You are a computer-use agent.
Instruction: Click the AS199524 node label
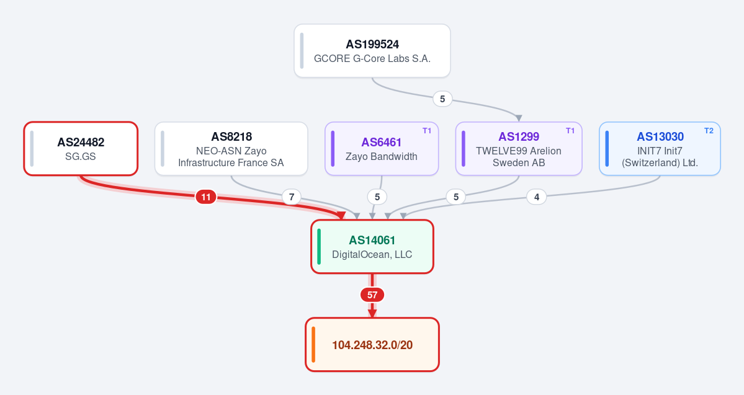pos(372,45)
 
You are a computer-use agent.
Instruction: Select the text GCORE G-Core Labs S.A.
pos(372,59)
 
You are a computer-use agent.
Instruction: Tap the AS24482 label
pos(81,142)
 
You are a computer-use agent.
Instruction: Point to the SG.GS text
pos(81,156)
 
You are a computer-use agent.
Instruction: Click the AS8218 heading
pos(231,136)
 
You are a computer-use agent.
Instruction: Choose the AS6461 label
pos(382,142)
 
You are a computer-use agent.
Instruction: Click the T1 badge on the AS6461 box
pos(427,131)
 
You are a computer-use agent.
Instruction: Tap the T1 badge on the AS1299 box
pos(570,131)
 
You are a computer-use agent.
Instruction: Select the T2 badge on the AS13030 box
pos(709,131)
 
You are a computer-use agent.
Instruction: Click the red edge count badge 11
pos(206,197)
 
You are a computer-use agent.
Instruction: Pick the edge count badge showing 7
pos(292,197)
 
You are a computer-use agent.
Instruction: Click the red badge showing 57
pos(372,295)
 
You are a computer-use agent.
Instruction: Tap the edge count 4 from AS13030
pos(537,197)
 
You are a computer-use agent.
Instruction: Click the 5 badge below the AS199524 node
pos(442,99)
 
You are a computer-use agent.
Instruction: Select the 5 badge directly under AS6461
pos(377,197)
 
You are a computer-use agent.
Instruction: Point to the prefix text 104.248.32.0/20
pos(372,345)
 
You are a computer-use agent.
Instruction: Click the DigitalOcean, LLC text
pos(372,255)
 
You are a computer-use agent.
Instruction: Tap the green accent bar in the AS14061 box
pos(319,247)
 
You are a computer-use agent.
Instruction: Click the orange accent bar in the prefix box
pos(313,344)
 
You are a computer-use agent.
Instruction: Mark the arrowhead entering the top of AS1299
pos(519,118)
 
